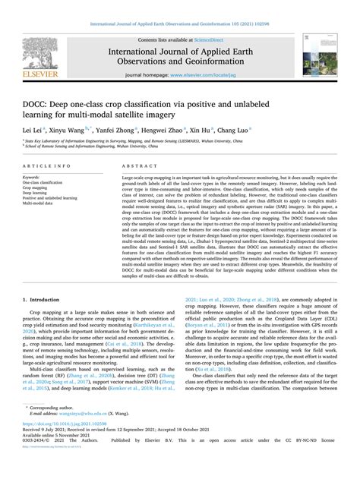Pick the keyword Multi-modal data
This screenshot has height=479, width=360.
click(43, 204)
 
